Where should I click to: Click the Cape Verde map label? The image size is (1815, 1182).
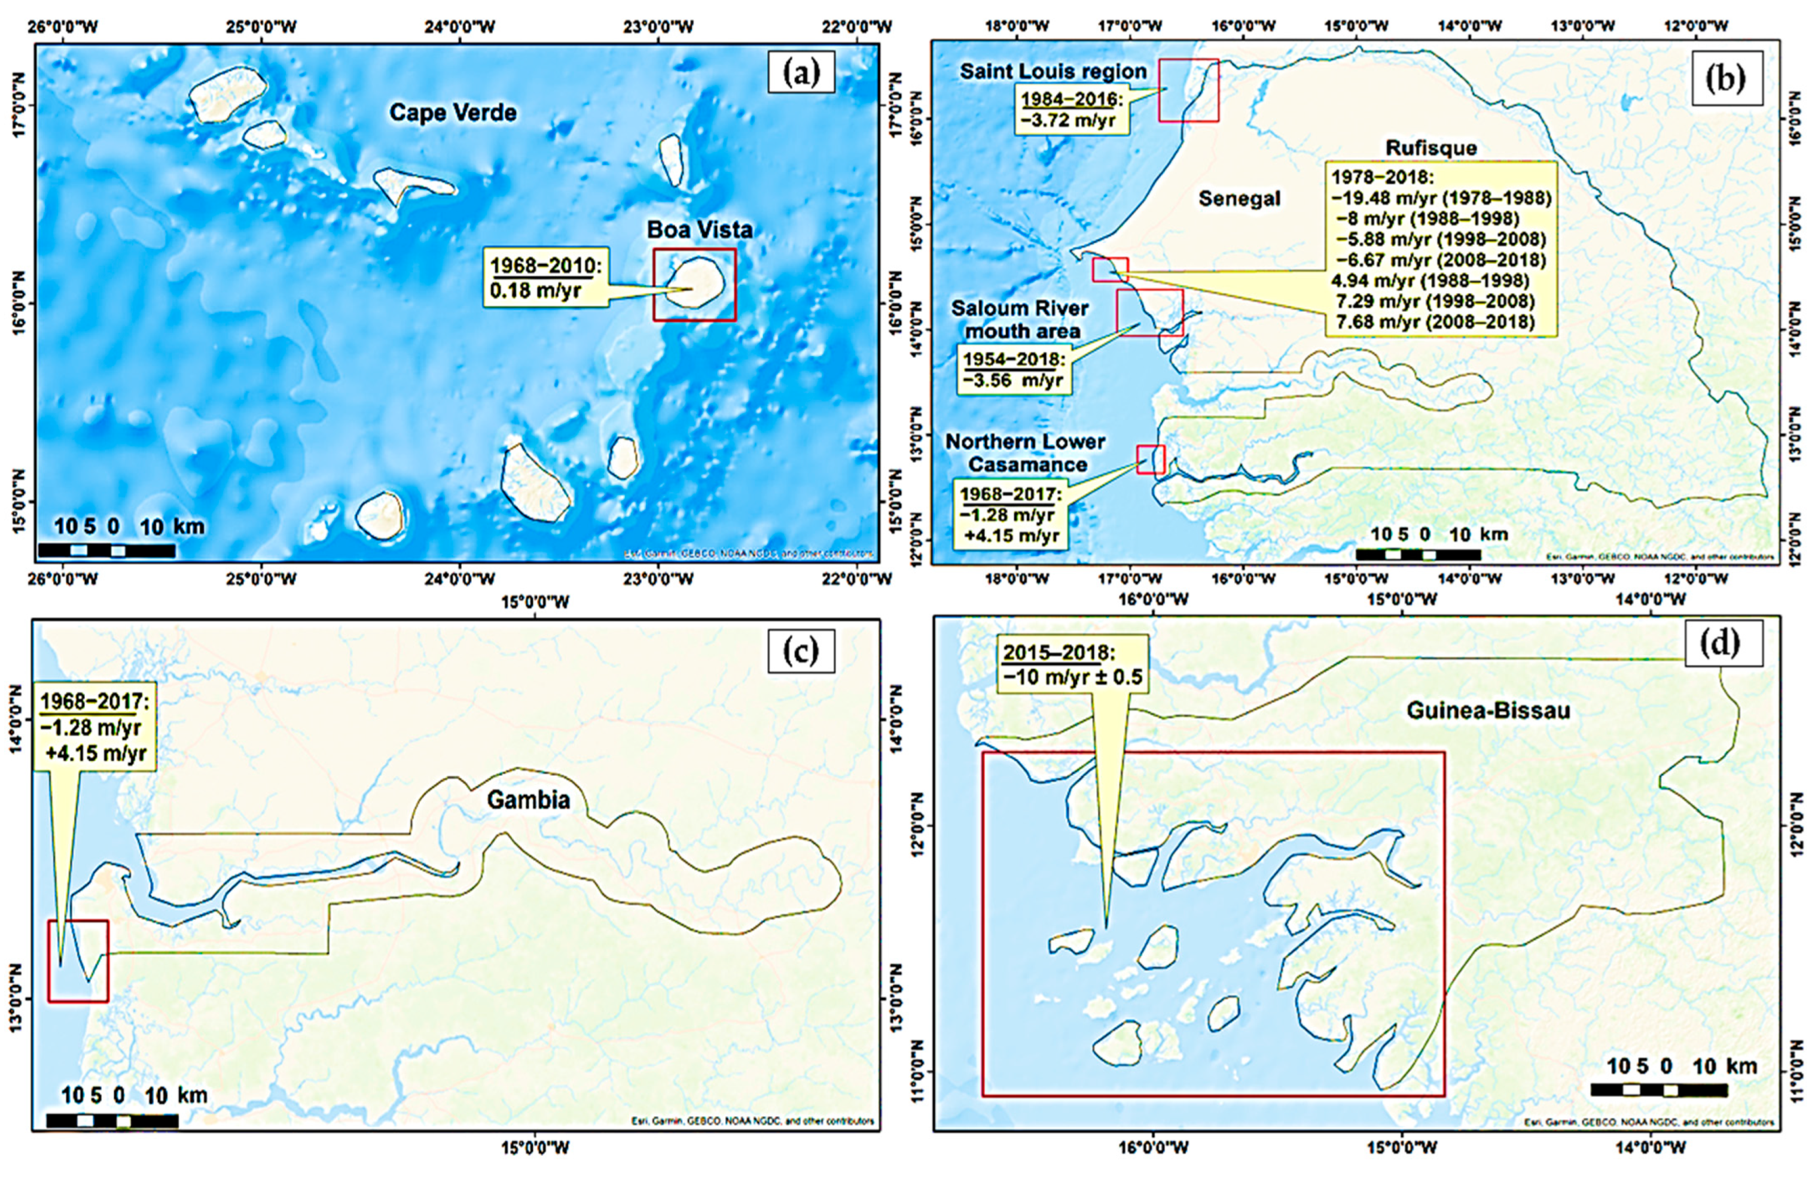(x=453, y=113)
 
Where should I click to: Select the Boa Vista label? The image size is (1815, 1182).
(x=699, y=230)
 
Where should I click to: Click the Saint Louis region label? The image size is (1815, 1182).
(x=1053, y=72)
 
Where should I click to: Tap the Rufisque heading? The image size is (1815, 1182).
(x=1430, y=148)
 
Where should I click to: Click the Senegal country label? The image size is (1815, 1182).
(x=1239, y=199)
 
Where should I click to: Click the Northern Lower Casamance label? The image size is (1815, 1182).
(x=1025, y=452)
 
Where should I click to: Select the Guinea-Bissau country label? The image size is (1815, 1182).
(x=1488, y=710)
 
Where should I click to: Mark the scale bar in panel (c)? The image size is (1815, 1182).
(x=111, y=1121)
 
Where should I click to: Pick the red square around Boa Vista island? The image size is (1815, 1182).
(x=694, y=284)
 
